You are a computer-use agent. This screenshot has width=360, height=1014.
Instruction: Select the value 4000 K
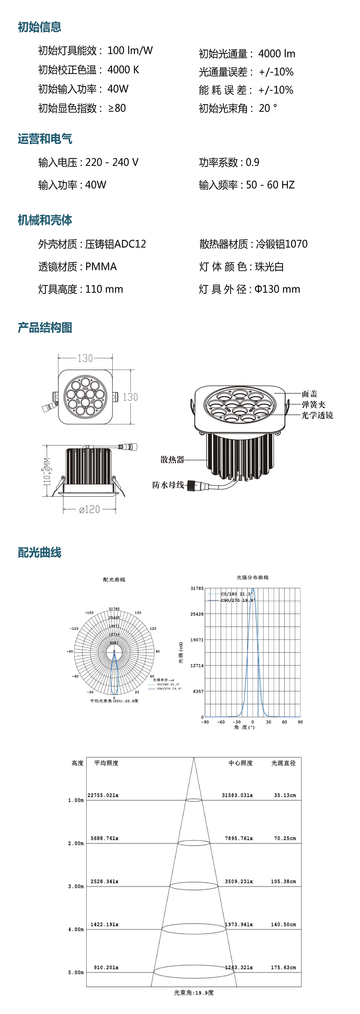pyautogui.click(x=123, y=70)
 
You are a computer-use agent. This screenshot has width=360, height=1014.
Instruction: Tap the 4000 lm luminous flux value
pyautogui.click(x=277, y=53)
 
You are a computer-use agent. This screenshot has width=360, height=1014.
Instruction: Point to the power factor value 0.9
pyautogui.click(x=253, y=162)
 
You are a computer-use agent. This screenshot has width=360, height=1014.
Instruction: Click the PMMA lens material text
pyautogui.click(x=101, y=267)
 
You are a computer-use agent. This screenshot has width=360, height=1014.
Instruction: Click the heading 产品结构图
pyautogui.click(x=45, y=328)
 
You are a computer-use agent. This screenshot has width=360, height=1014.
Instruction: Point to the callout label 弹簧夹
pyautogui.click(x=314, y=404)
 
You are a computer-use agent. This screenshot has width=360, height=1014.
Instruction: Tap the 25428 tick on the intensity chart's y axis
pyautogui.click(x=197, y=614)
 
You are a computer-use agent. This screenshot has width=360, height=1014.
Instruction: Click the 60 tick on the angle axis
pyautogui.click(x=284, y=722)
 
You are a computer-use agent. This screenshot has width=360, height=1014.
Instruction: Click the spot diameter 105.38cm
pyautogui.click(x=283, y=881)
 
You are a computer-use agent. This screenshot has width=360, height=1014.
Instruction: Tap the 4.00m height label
pyautogui.click(x=76, y=929)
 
